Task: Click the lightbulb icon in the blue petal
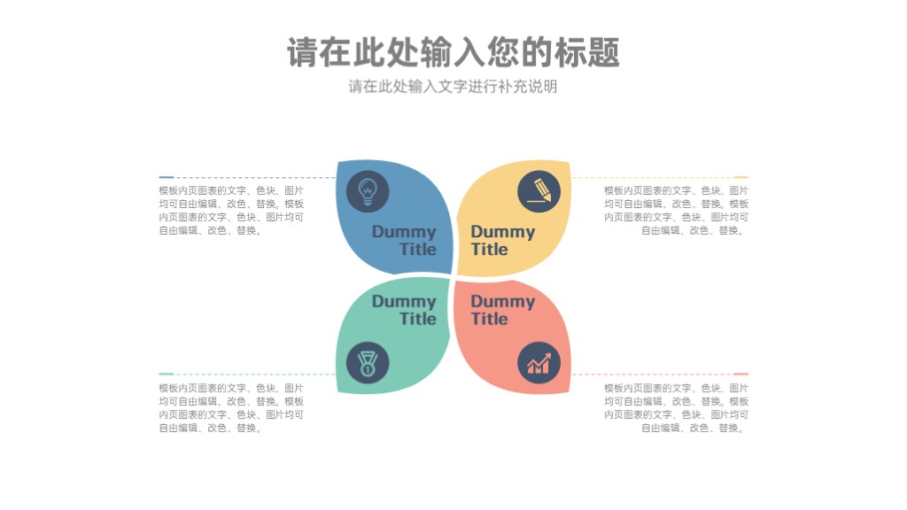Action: coord(368,191)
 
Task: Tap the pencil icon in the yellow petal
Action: coord(539,191)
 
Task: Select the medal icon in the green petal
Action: coord(368,363)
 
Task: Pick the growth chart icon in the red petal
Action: coord(539,363)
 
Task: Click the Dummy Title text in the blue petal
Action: coord(404,241)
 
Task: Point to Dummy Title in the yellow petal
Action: coord(503,241)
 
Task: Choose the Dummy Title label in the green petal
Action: coord(404,310)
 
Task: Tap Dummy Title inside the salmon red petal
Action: coord(503,310)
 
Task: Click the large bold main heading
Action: coord(453,52)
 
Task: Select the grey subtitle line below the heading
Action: coord(453,87)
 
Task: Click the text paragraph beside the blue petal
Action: coord(231,211)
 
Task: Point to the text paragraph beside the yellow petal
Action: coord(676,211)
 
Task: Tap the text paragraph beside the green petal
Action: coord(231,408)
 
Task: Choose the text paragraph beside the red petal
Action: coord(676,408)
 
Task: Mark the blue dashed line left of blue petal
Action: coord(247,177)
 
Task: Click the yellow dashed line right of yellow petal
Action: coord(660,177)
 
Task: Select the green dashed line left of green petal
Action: coord(247,375)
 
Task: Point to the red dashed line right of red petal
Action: coord(660,375)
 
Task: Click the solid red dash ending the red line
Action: coord(741,375)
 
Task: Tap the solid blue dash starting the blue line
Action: coord(166,177)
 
